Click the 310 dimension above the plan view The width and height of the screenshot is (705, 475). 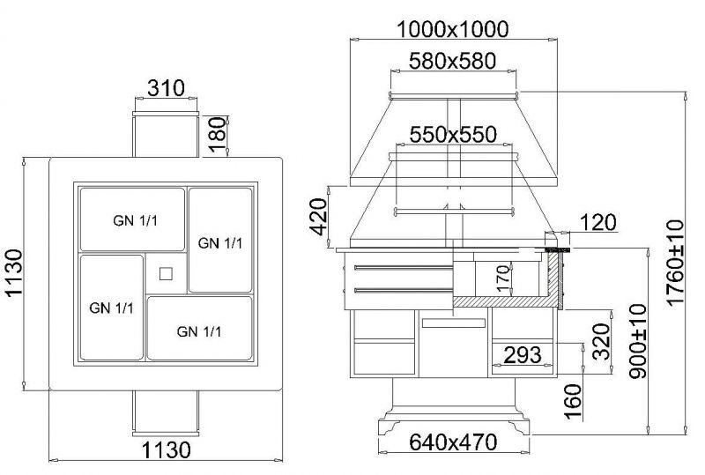pos(166,88)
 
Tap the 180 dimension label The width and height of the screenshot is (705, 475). pos(217,134)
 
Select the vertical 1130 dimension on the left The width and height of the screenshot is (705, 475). pos(14,272)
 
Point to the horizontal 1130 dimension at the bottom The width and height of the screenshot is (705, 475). pos(167,449)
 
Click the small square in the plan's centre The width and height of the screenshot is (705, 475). pos(166,273)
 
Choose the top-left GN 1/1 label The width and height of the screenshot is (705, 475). pos(136,221)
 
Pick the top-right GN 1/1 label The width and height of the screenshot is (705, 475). pos(220,243)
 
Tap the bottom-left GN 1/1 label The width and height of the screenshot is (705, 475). pos(112,308)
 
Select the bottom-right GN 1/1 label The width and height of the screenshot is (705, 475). pos(199,332)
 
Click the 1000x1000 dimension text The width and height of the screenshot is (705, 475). pos(453,30)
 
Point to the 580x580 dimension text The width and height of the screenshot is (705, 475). pos(452,61)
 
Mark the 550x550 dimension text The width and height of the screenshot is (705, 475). pos(453,135)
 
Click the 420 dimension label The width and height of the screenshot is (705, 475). pos(319,217)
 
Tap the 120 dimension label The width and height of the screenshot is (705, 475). pos(598,222)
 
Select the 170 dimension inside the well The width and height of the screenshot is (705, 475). pos(504,278)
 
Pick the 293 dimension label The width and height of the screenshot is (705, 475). pos(523,355)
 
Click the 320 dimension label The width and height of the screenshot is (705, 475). pos(601,341)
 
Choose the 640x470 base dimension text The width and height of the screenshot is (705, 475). pos(453,442)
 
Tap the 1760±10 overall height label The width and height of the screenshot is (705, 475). pos(675,263)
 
